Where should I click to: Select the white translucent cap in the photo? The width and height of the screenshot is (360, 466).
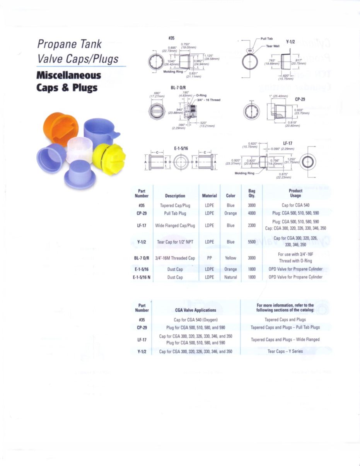click(x=80, y=149)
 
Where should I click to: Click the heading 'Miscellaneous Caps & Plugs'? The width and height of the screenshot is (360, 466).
click(x=68, y=81)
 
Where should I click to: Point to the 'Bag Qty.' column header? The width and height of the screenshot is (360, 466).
click(x=252, y=193)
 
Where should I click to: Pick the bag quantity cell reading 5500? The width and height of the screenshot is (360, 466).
click(x=252, y=242)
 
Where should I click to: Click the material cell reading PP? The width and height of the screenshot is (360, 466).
click(x=209, y=258)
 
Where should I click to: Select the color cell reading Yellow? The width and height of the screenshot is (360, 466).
click(x=230, y=258)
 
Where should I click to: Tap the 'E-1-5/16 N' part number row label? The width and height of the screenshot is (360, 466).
click(x=142, y=277)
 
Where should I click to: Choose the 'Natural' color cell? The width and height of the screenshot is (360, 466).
click(x=230, y=277)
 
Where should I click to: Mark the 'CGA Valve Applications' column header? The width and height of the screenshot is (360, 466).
click(x=196, y=310)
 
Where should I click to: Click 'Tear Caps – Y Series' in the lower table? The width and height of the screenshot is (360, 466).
click(x=285, y=352)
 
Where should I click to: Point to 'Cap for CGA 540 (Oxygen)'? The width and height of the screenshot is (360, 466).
click(x=196, y=320)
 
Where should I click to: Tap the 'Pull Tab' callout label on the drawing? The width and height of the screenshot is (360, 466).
click(x=266, y=39)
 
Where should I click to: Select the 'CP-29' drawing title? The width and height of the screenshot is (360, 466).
click(x=300, y=99)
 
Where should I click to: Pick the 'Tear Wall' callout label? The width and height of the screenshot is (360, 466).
click(x=273, y=46)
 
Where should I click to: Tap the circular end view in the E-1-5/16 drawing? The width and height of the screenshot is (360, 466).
click(x=180, y=162)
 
